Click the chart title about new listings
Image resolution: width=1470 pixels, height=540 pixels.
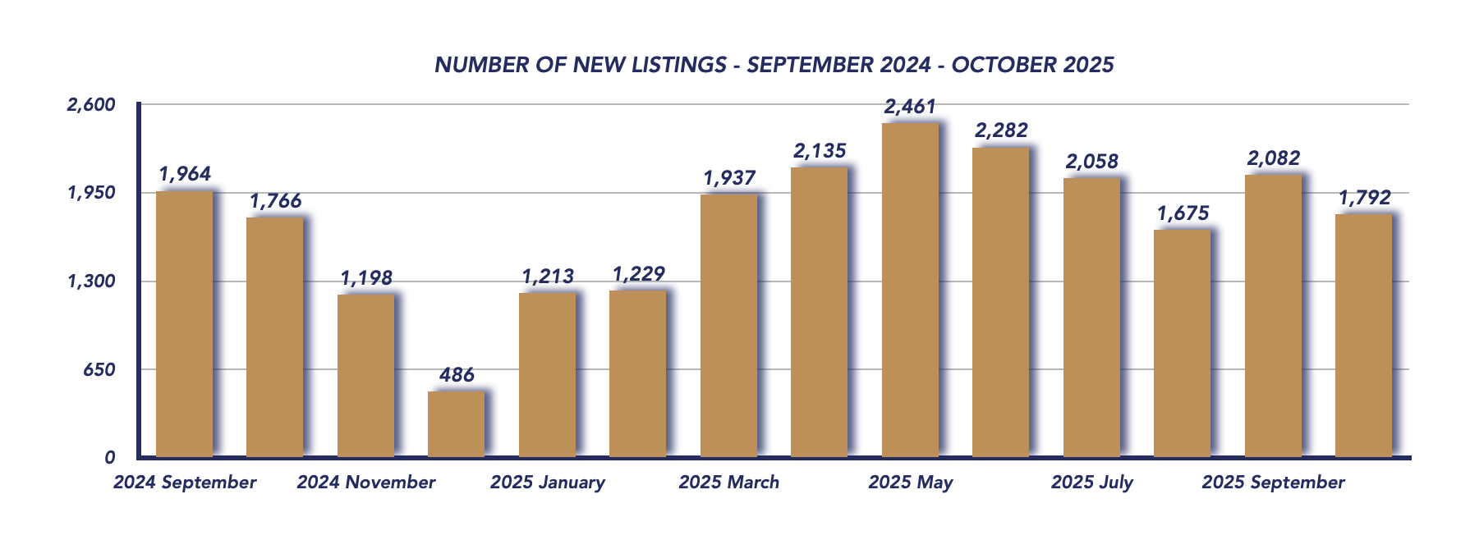click(774, 65)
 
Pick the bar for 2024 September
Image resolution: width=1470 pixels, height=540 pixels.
click(184, 323)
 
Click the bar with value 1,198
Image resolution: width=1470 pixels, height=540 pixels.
click(365, 375)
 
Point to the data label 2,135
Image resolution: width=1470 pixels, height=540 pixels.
click(820, 151)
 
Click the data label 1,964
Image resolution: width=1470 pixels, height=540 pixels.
click(185, 174)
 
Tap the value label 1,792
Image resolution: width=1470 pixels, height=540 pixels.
click(1364, 198)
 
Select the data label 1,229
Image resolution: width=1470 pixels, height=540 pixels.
click(638, 274)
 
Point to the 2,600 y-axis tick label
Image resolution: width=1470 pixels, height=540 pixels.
click(91, 105)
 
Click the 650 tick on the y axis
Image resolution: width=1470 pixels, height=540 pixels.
click(99, 370)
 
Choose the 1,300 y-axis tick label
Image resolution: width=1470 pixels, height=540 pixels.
click(91, 281)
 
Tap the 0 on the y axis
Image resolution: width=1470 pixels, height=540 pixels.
click(109, 458)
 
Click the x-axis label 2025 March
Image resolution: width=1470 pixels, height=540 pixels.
click(728, 483)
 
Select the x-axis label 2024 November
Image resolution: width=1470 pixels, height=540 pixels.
click(366, 483)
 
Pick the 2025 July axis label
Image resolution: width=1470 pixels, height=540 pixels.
click(1091, 483)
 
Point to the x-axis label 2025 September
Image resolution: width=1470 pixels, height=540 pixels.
click(1273, 483)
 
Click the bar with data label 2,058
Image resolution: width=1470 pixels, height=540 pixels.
click(1091, 318)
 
